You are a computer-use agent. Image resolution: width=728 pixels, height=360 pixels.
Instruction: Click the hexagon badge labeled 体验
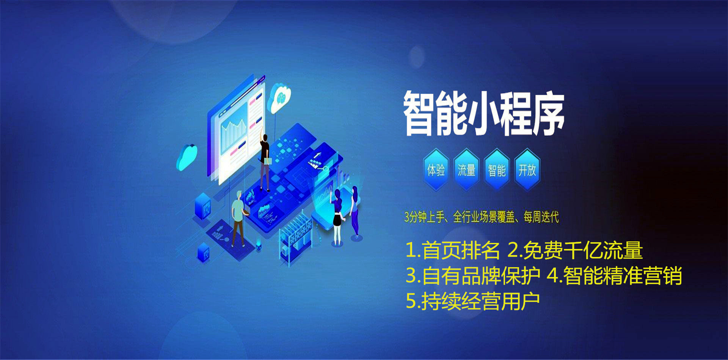[x=436, y=170]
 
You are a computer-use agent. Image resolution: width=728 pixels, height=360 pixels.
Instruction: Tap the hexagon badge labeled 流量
[x=466, y=170]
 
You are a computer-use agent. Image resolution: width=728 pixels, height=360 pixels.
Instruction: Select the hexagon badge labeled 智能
[x=497, y=170]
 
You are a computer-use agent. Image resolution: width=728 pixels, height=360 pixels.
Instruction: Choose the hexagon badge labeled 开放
[x=527, y=170]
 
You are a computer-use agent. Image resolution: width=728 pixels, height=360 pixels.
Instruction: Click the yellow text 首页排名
[x=461, y=250]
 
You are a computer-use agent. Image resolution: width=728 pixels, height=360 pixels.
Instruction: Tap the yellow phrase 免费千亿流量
[x=583, y=250]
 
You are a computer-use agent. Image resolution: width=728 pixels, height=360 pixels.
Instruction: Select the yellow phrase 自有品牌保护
[x=481, y=275]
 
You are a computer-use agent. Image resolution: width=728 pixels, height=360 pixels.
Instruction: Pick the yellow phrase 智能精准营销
[x=623, y=275]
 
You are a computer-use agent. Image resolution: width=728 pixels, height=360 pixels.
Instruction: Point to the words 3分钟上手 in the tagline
[x=424, y=217]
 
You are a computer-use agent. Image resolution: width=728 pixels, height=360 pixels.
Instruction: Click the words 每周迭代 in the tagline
[x=541, y=217]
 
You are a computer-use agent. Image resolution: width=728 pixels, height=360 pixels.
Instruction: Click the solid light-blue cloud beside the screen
[x=187, y=157]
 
